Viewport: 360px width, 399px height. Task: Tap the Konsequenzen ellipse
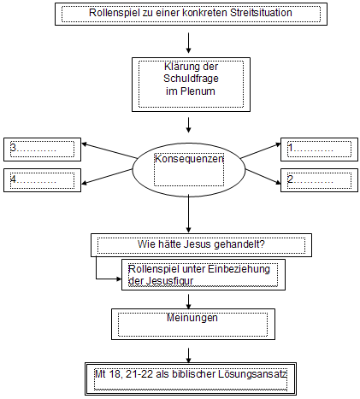[188, 167]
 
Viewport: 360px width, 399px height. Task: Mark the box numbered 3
[42, 150]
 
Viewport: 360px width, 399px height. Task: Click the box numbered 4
[42, 180]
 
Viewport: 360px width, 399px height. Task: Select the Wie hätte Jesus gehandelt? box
[198, 245]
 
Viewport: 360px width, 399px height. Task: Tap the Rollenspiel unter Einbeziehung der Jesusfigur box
[198, 276]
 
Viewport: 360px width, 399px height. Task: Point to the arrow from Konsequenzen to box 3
[107, 153]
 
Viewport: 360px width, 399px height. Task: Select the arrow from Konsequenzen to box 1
[260, 153]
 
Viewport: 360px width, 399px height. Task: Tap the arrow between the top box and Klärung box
[188, 41]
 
